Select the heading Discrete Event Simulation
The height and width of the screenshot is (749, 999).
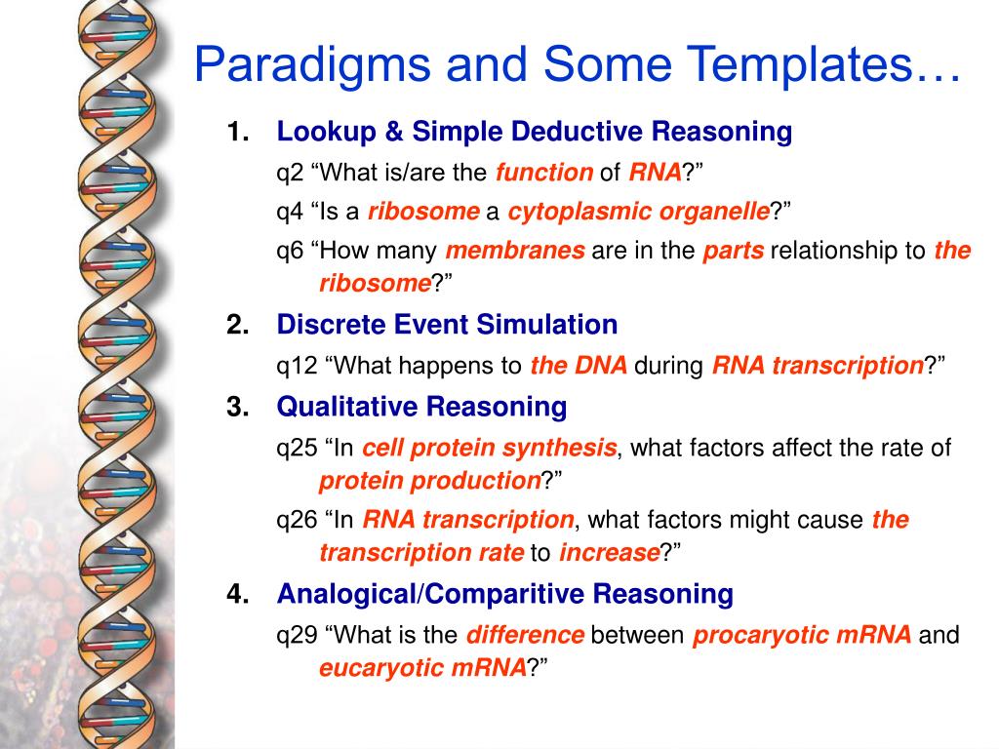(x=447, y=324)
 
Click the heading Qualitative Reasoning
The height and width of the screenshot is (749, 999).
(x=421, y=407)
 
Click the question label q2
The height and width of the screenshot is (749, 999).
(x=290, y=174)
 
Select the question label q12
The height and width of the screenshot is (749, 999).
(x=297, y=367)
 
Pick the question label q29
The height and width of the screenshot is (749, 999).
(x=297, y=636)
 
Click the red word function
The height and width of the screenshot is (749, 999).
(x=544, y=172)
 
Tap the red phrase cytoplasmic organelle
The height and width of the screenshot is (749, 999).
(x=638, y=212)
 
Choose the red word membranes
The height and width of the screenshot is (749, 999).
(x=515, y=251)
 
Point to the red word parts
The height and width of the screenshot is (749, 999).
(x=734, y=251)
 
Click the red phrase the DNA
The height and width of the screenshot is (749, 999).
(x=579, y=365)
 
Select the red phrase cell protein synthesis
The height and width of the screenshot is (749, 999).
(x=490, y=448)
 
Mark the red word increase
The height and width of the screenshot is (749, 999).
(x=609, y=552)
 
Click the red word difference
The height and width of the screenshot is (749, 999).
(x=525, y=634)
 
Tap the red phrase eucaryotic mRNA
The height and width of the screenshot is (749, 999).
(x=423, y=668)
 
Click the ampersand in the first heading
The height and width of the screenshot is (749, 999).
(x=394, y=132)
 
